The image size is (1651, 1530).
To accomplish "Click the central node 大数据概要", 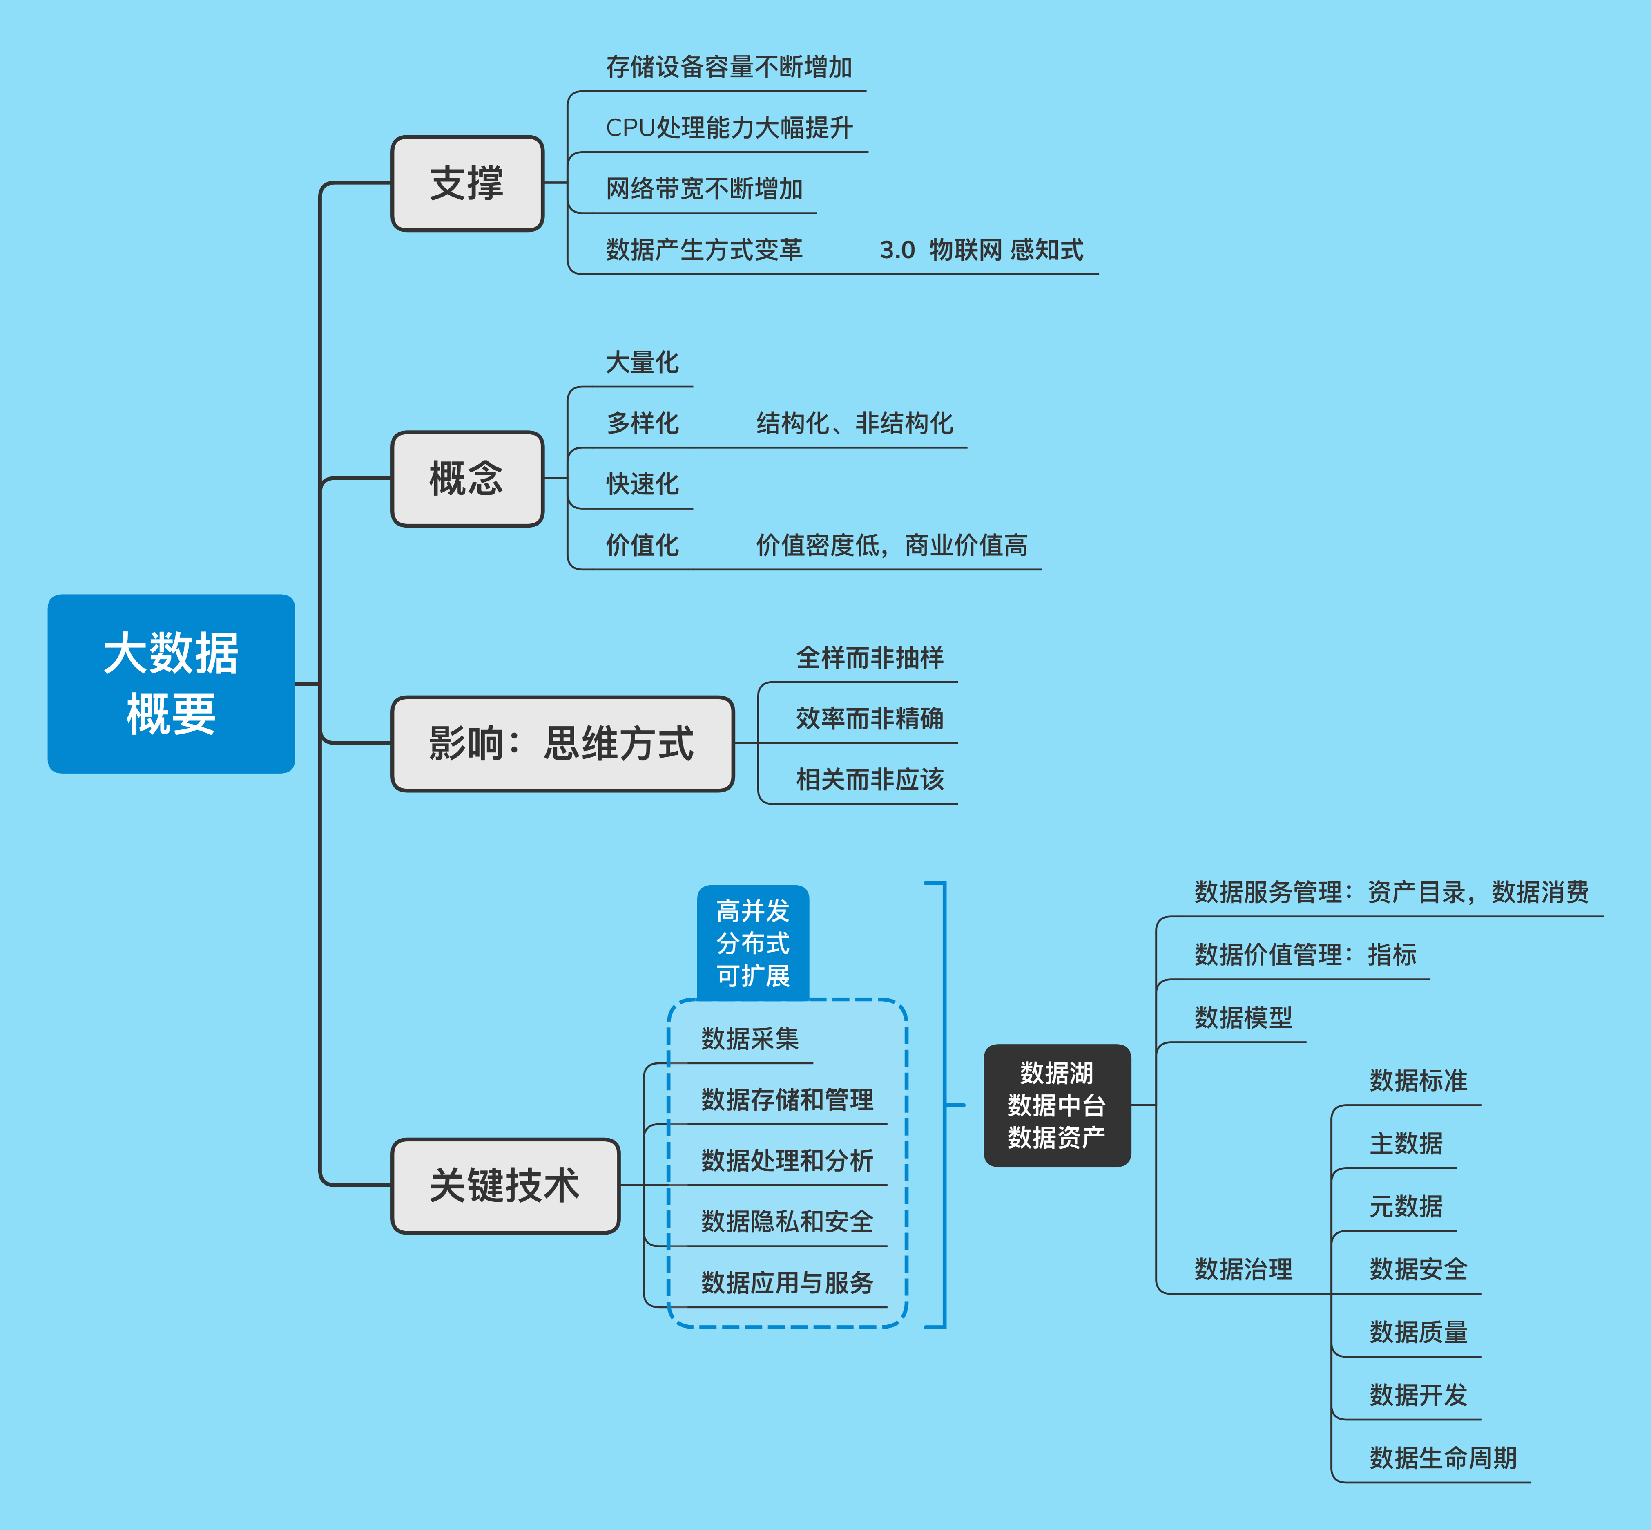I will (x=171, y=684).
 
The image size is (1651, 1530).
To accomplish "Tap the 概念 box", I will (x=467, y=479).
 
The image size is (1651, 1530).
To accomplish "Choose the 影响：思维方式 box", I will (x=562, y=743).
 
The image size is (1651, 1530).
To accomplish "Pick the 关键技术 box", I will (x=505, y=1186).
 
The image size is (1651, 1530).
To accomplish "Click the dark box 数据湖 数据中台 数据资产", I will (x=1057, y=1105).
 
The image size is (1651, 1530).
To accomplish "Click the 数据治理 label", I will (x=1243, y=1269).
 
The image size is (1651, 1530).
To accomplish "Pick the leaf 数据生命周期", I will (x=1442, y=1458).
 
